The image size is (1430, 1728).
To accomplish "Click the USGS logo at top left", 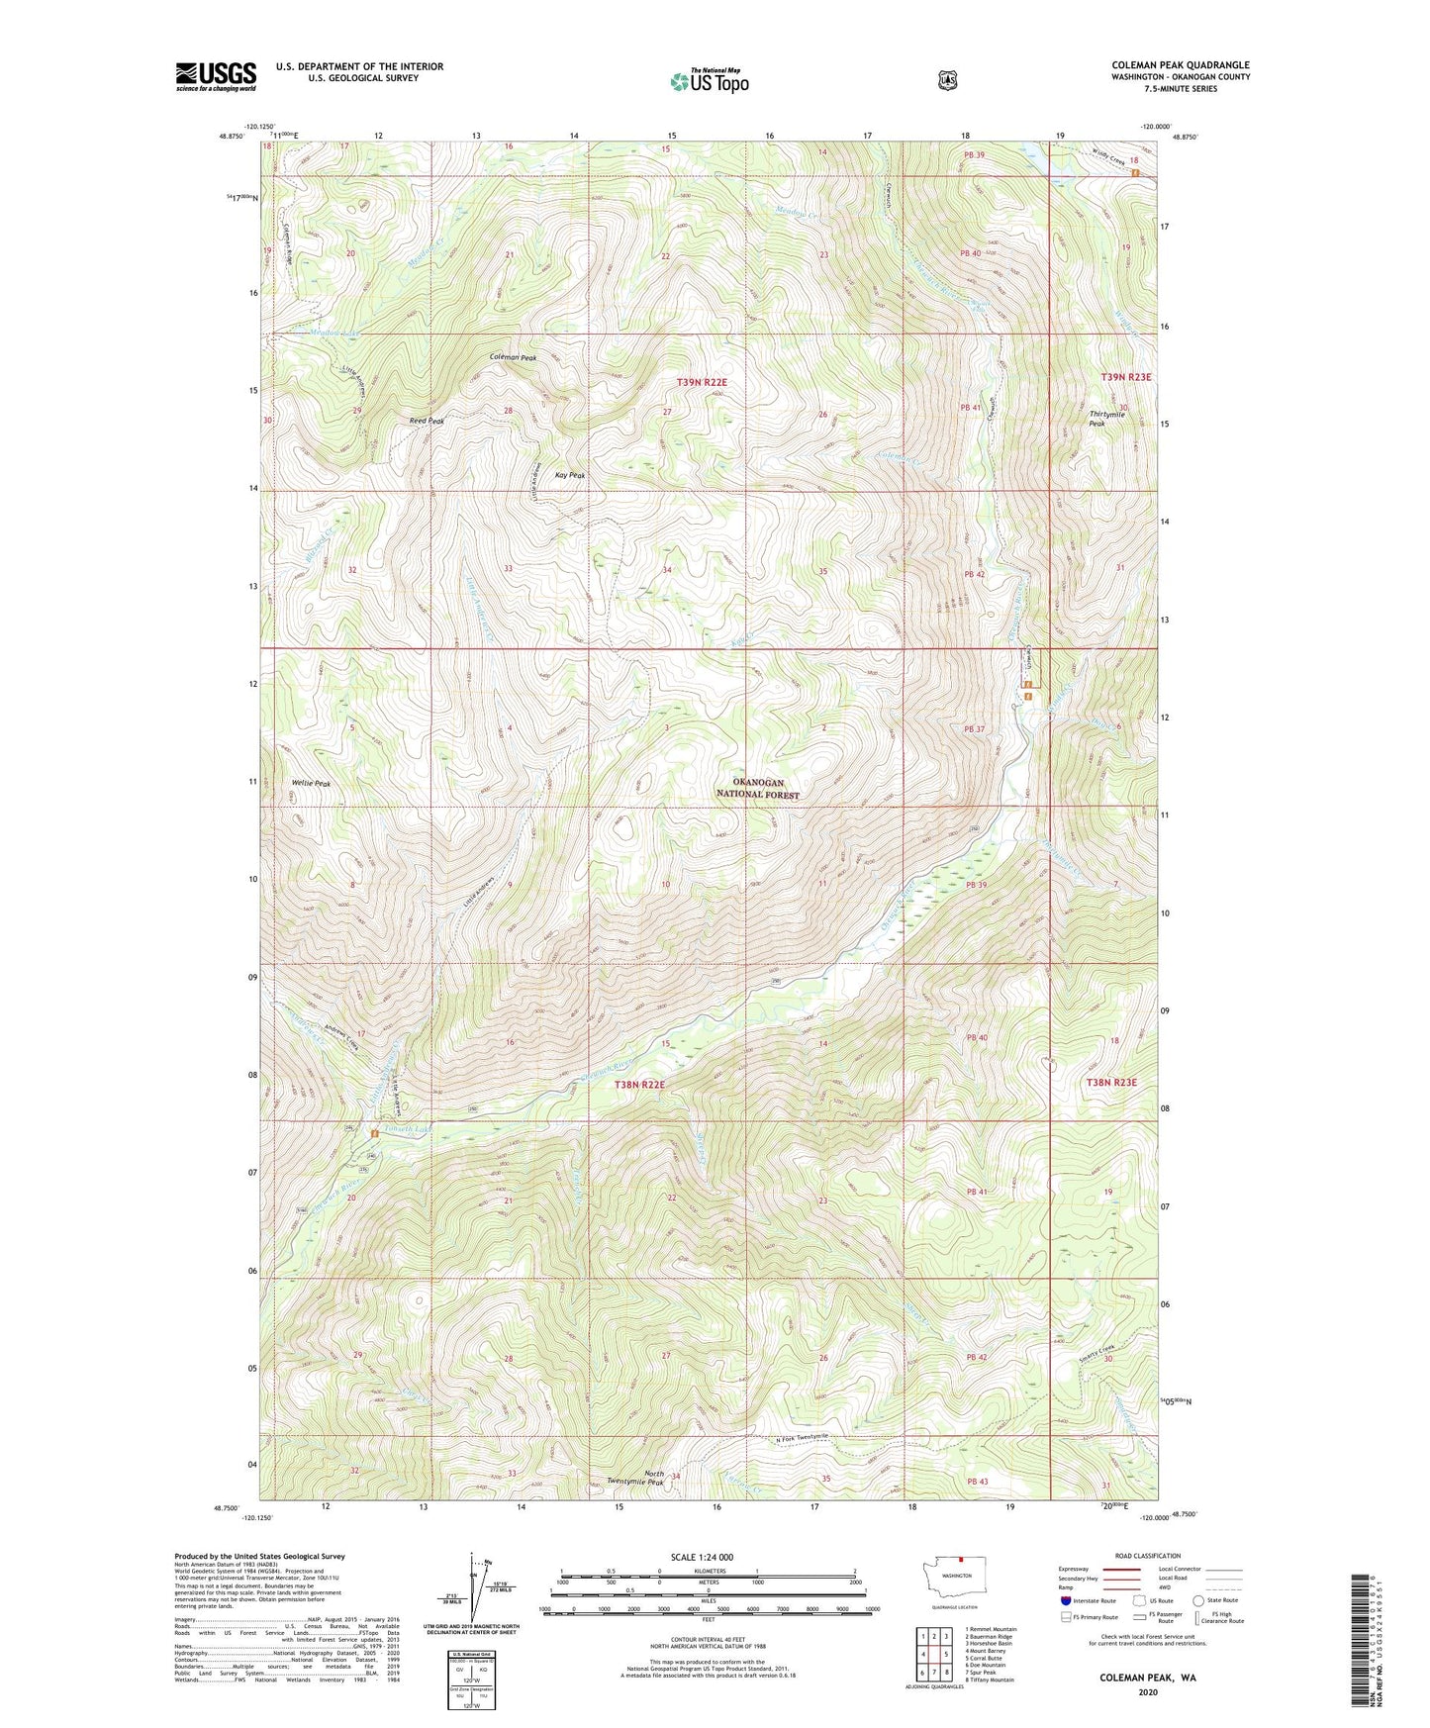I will click(216, 76).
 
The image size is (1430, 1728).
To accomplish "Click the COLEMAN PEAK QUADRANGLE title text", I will click(1180, 65).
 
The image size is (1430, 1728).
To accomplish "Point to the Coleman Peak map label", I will click(513, 357).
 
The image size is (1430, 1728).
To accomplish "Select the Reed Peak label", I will click(427, 422).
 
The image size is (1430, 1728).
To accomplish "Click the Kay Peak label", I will click(569, 475).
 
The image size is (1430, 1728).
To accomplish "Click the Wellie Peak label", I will click(311, 783).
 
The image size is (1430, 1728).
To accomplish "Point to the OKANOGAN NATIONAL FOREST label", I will click(758, 788).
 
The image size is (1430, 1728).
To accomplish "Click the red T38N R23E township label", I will click(1111, 1083).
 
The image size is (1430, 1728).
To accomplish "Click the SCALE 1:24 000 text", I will click(702, 1557).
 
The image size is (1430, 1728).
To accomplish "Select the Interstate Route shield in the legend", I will click(1065, 1599).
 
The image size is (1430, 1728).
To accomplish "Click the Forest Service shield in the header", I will click(947, 79).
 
